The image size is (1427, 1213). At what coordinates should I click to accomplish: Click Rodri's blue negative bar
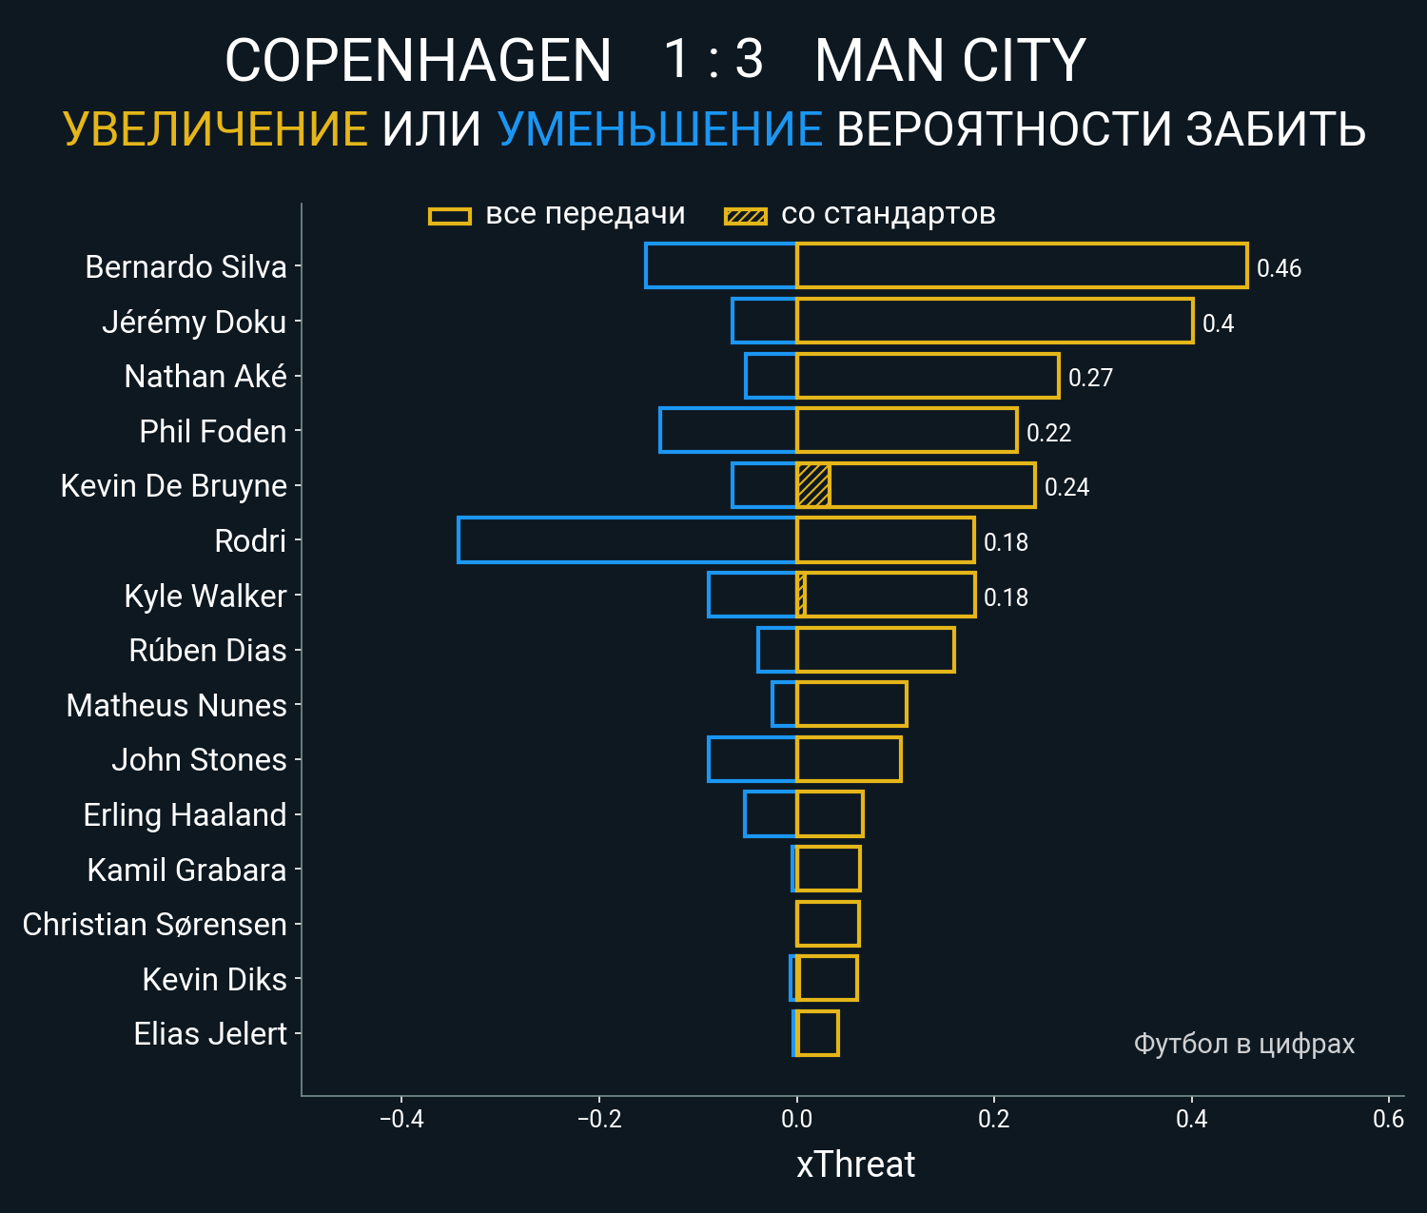(x=627, y=540)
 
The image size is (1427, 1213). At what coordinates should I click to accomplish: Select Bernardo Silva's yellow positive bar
(x=1022, y=265)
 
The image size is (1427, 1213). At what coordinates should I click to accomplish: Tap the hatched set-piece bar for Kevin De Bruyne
(x=813, y=485)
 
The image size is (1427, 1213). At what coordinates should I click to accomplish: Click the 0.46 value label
(x=1279, y=268)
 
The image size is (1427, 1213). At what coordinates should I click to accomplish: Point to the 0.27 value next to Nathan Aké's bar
(x=1090, y=378)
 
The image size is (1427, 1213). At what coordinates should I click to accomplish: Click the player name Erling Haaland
(x=185, y=815)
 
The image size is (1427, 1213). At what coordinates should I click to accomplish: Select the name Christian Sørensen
(x=154, y=925)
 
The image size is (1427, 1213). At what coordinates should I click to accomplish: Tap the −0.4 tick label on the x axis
(x=401, y=1119)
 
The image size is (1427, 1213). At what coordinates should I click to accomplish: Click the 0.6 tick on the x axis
(x=1388, y=1119)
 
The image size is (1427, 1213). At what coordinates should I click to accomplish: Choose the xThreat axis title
(x=855, y=1164)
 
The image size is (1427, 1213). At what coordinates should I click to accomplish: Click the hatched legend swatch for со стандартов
(x=745, y=216)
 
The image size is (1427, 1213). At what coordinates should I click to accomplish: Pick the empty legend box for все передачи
(x=450, y=216)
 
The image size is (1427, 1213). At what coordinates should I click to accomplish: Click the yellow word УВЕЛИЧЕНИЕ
(x=215, y=129)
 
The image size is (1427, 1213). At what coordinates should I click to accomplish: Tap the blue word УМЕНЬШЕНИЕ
(x=659, y=129)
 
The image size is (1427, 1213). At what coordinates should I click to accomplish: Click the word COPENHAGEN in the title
(x=418, y=61)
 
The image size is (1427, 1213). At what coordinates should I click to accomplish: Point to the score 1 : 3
(x=713, y=60)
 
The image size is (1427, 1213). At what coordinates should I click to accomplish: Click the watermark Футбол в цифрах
(x=1243, y=1044)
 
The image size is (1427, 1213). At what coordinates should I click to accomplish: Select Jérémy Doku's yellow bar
(x=994, y=321)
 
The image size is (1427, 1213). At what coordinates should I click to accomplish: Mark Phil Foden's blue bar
(x=728, y=430)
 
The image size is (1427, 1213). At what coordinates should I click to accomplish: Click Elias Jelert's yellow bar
(x=817, y=1033)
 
